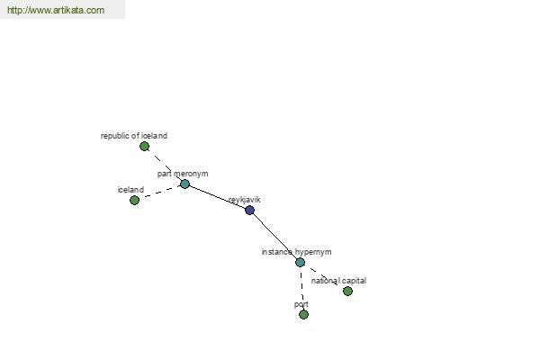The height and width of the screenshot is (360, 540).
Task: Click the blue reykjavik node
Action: [249, 210]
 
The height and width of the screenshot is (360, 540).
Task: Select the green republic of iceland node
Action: [144, 147]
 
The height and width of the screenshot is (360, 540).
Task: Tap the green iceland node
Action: [134, 200]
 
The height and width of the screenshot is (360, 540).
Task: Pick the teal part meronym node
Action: [184, 184]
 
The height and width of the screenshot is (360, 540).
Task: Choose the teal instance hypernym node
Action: [300, 263]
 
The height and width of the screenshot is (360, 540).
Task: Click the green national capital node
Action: [347, 291]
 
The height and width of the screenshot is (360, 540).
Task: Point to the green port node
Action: [303, 314]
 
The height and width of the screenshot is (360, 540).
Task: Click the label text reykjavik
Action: [245, 200]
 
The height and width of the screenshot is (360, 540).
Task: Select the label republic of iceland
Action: [134, 136]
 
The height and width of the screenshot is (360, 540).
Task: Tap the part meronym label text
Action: [183, 174]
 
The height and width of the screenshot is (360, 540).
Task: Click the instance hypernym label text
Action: [296, 252]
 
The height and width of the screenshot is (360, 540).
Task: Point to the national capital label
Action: [338, 281]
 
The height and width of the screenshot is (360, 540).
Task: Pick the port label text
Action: [301, 304]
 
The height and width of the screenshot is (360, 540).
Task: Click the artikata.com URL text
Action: [56, 10]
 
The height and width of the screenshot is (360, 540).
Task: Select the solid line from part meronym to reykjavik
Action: [217, 197]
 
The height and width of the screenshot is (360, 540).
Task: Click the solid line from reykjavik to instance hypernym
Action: [274, 236]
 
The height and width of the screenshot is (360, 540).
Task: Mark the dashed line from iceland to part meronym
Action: [160, 193]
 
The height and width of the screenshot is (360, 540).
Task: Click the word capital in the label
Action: [354, 281]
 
